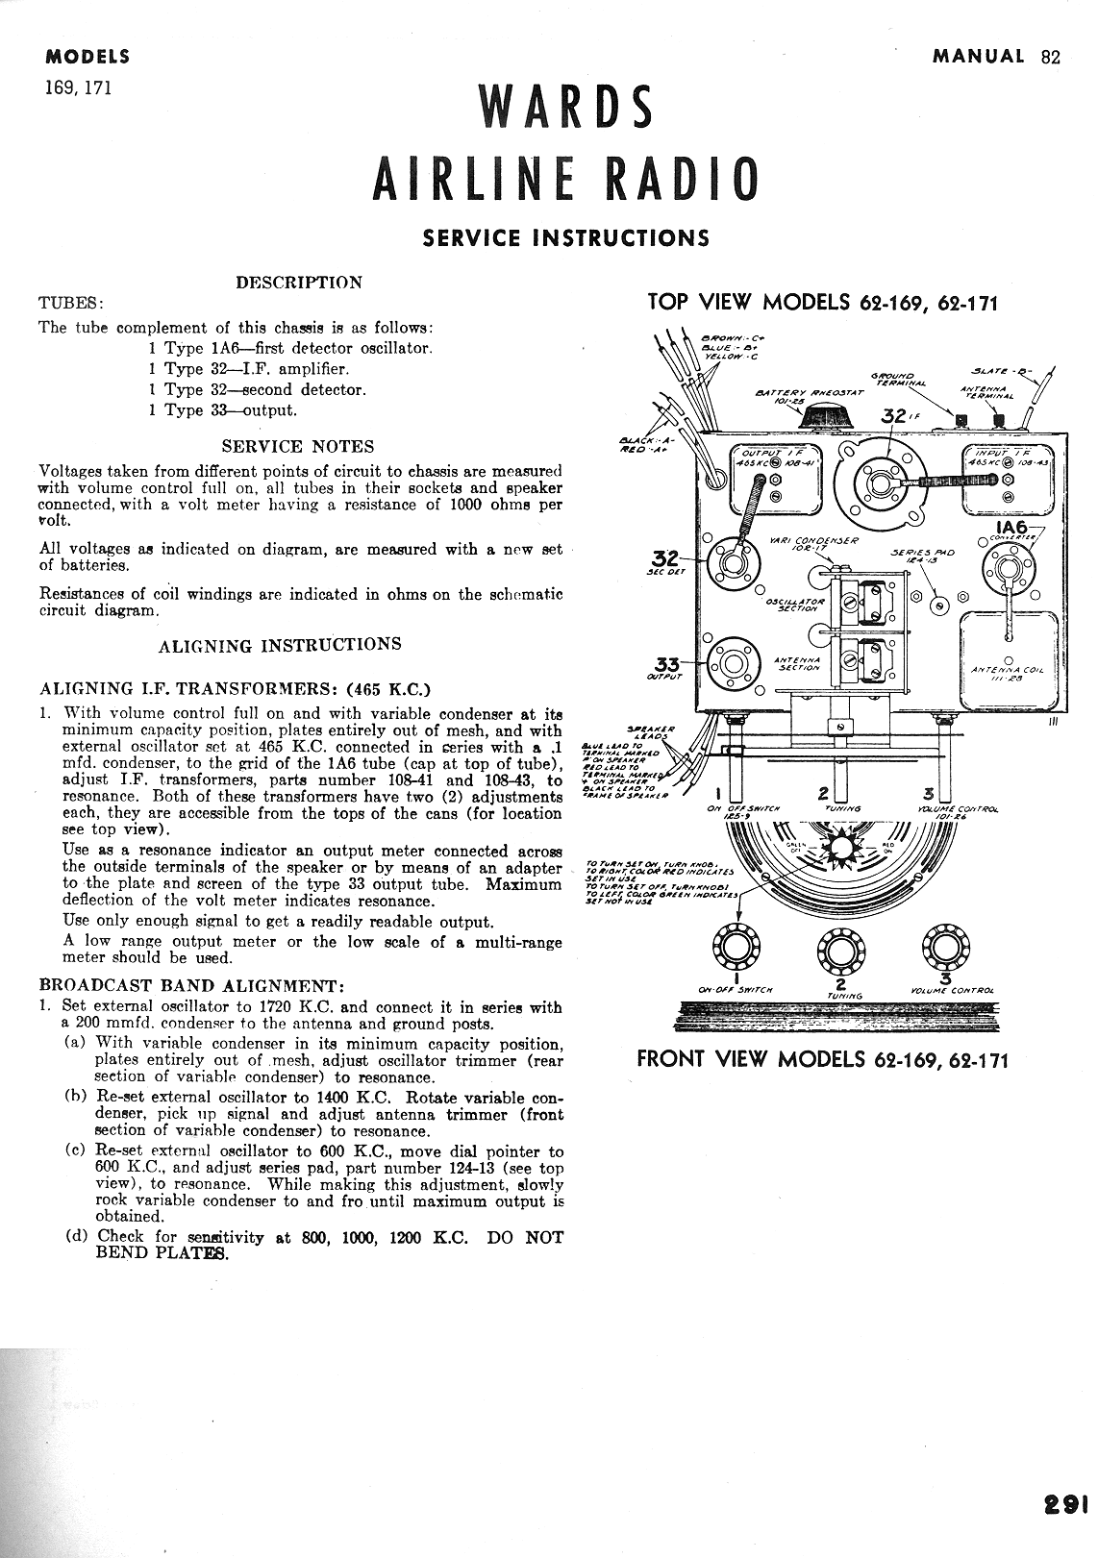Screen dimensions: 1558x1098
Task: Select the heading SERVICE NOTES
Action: (298, 446)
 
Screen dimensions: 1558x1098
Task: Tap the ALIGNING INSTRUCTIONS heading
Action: (280, 645)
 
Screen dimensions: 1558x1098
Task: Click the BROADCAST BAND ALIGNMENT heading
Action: (191, 985)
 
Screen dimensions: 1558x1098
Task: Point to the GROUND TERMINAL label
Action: (896, 379)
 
